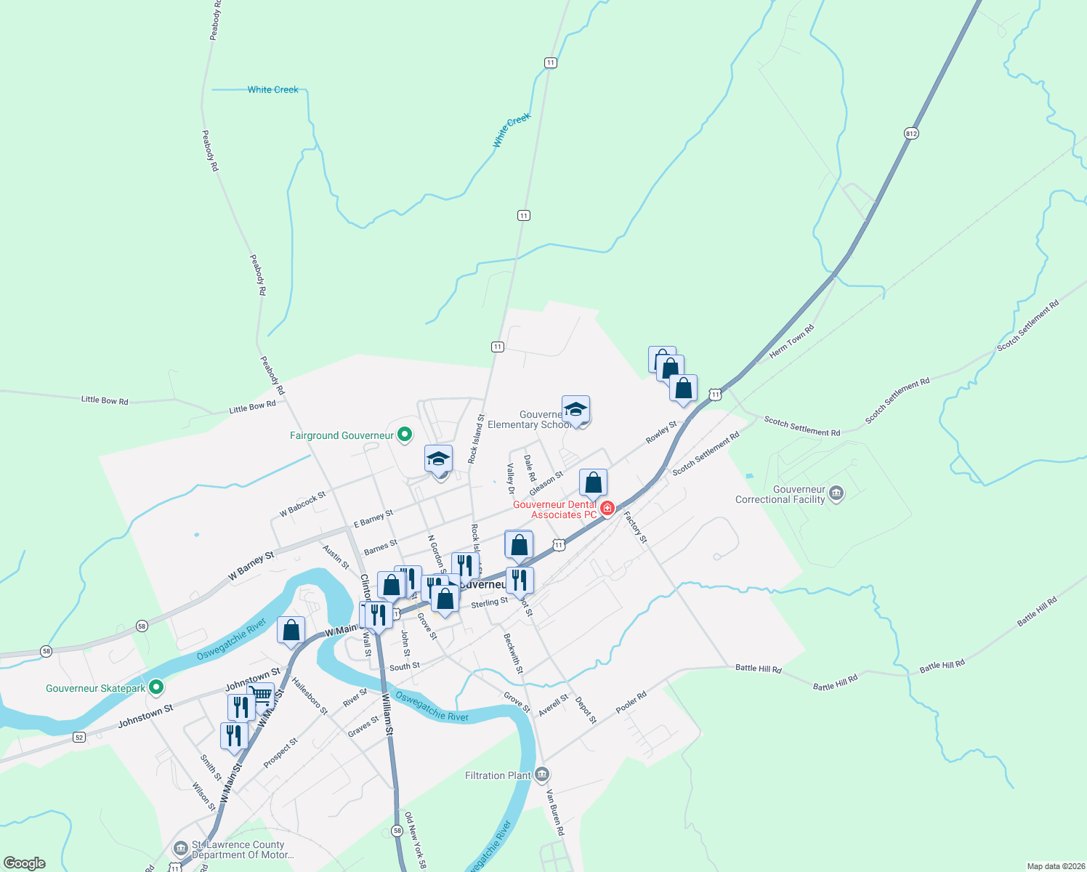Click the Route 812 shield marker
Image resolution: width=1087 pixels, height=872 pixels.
912,133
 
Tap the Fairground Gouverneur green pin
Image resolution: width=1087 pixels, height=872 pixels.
405,435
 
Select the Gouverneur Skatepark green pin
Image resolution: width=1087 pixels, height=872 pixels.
155,687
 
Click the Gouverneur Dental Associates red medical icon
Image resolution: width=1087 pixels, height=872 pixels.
607,508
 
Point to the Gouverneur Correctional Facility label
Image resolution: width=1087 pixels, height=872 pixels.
780,495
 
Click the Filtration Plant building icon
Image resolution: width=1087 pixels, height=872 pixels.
542,775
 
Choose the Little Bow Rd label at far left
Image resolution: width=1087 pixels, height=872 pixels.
105,400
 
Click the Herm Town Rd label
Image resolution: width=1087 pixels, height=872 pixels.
792,342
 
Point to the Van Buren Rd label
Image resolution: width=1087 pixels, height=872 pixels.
555,812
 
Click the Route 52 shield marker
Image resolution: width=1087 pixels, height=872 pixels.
79,737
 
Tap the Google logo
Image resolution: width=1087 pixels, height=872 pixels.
25,863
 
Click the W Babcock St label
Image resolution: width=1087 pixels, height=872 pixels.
303,504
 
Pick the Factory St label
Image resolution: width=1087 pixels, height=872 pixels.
635,528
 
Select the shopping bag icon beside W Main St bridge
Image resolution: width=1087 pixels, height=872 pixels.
291,630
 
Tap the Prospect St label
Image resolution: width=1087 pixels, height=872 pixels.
280,753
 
